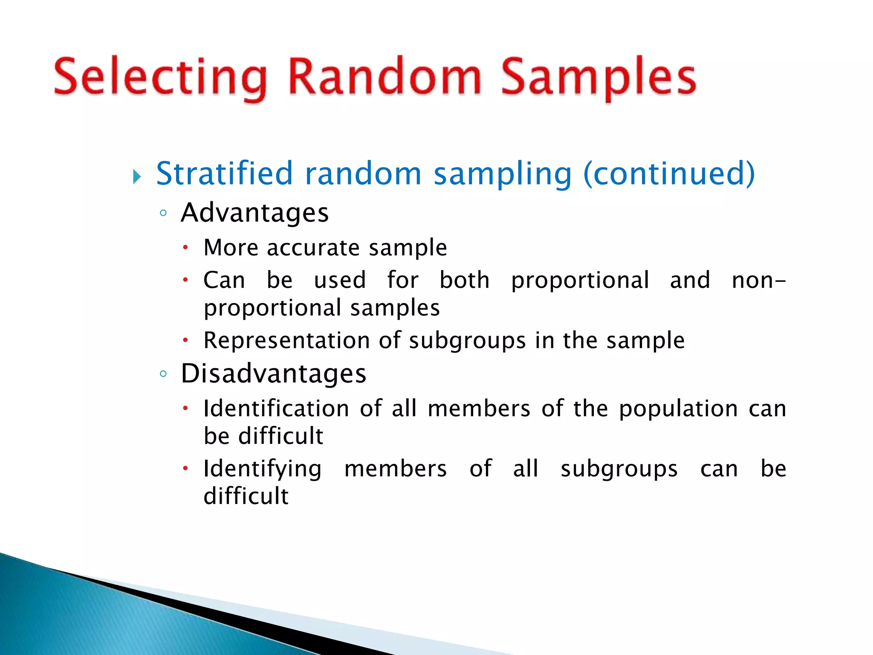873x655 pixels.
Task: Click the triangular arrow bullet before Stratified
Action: [x=136, y=176]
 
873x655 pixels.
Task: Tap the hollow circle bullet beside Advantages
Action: [x=163, y=213]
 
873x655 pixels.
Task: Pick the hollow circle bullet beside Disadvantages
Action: [x=163, y=374]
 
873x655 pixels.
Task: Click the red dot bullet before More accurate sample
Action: [x=185, y=247]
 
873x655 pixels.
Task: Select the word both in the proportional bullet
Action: [x=464, y=280]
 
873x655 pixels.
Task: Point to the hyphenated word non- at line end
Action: [x=758, y=281]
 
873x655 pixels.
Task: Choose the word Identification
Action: [x=276, y=409]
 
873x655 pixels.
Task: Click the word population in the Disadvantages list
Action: [x=678, y=409]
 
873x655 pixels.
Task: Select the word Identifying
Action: [x=262, y=469]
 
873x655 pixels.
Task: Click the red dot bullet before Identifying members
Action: [x=185, y=468]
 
